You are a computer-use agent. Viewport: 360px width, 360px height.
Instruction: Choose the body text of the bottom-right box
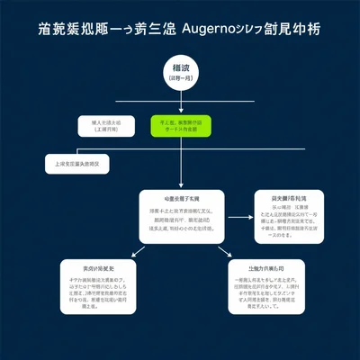[264, 293]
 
